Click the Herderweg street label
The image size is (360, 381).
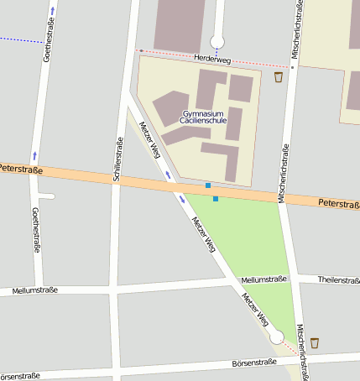click(211, 58)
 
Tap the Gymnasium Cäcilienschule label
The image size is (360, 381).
click(204, 117)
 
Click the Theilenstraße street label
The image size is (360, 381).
click(339, 279)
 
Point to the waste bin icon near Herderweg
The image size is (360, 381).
click(279, 77)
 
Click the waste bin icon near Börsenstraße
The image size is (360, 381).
click(315, 342)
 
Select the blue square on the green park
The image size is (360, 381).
click(216, 199)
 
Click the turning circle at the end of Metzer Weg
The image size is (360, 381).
click(276, 337)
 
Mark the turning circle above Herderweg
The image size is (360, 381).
click(217, 41)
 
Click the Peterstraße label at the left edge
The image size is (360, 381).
click(21, 169)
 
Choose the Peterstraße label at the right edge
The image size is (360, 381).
click(339, 203)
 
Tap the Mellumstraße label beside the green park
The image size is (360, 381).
click(263, 279)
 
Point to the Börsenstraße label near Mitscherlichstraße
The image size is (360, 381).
click(253, 363)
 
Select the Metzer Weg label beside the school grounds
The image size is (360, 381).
click(150, 139)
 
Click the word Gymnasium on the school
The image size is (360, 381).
click(204, 112)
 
